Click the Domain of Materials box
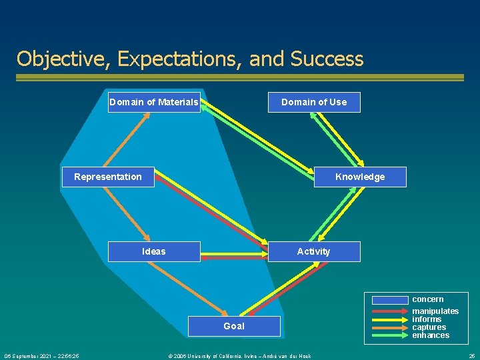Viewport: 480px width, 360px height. coord(154,102)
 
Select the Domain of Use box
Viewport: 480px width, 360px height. coord(314,102)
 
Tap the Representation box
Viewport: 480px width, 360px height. coord(108,177)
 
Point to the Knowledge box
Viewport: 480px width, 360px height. coord(360,177)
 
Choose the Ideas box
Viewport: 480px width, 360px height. coord(154,251)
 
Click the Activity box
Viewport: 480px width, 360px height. coord(314,251)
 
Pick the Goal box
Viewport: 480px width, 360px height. coord(234,326)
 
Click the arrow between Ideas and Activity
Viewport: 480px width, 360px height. coord(234,254)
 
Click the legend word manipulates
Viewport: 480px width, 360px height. coord(435,311)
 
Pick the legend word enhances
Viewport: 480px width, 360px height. coord(431,335)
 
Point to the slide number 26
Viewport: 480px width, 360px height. coord(471,356)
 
